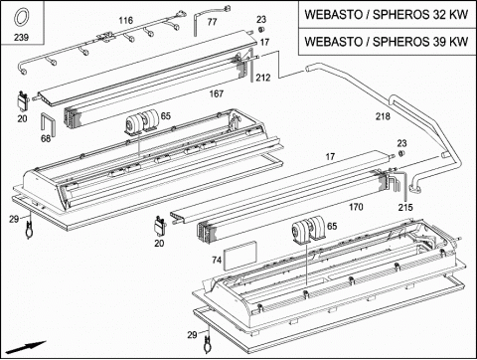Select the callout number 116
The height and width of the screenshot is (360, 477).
126,21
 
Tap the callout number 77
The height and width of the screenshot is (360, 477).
212,22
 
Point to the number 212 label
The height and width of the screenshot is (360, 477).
263,78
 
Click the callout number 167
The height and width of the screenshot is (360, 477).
217,93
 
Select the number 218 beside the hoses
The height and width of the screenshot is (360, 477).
383,116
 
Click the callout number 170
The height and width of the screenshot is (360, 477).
356,207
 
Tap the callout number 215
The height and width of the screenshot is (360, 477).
405,208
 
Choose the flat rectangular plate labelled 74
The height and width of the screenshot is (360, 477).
240,255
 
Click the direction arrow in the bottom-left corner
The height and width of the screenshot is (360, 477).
26,347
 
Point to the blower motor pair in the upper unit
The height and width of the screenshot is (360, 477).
142,121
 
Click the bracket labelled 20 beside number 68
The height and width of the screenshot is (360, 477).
23,100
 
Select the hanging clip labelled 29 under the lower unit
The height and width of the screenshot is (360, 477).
208,343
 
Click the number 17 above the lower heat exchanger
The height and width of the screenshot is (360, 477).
330,156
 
